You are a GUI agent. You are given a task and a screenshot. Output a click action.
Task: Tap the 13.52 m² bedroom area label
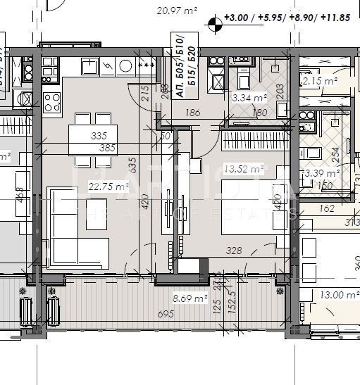click(x=242, y=168)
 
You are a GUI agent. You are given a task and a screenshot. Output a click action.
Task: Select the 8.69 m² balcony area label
click(x=192, y=299)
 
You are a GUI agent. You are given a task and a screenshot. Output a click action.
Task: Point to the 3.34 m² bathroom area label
click(x=249, y=98)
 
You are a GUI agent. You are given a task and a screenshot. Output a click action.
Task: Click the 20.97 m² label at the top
click(x=176, y=11)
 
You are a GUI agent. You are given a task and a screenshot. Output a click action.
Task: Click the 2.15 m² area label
click(x=319, y=82)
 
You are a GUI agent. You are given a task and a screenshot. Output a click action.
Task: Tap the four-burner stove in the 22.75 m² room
click(x=52, y=102)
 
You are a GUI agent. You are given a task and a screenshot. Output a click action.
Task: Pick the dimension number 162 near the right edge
click(x=326, y=208)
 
